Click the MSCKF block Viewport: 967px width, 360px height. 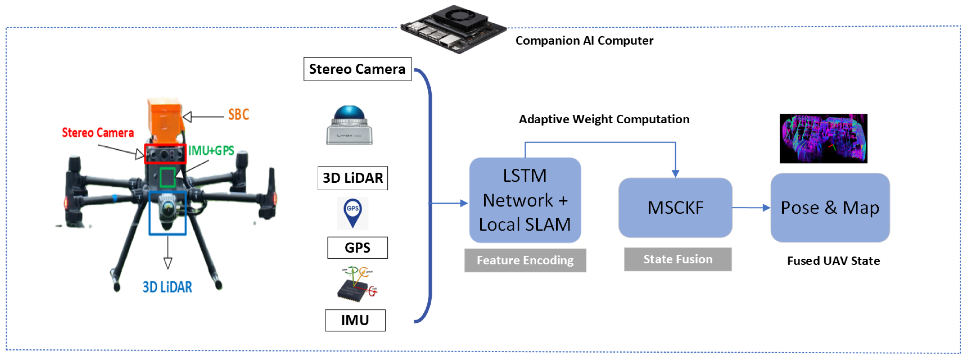(675, 208)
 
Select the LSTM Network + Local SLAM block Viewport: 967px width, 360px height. (525, 200)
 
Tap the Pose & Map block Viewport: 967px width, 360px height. (830, 208)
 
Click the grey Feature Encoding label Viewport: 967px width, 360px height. (525, 260)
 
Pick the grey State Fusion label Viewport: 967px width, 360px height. (677, 259)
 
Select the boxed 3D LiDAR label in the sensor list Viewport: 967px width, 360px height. (352, 178)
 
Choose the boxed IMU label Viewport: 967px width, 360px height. (355, 320)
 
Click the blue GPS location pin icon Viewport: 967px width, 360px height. (352, 213)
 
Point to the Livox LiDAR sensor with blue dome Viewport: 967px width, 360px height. (349, 125)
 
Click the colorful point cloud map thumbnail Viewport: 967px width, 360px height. (823, 138)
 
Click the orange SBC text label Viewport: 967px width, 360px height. (239, 114)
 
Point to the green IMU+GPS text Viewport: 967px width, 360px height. (211, 150)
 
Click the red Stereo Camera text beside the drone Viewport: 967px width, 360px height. (98, 132)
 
